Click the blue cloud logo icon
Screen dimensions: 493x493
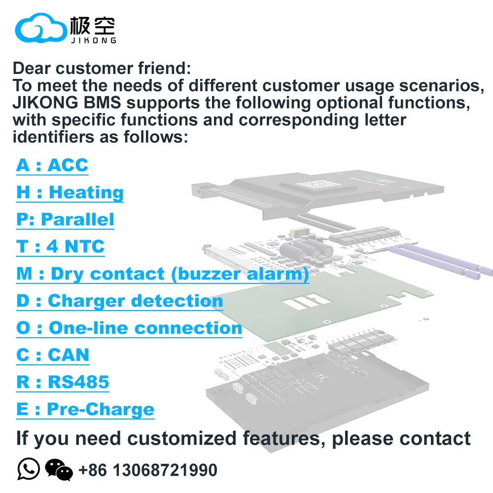pyautogui.click(x=41, y=28)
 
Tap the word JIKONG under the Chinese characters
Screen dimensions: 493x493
pyautogui.click(x=94, y=40)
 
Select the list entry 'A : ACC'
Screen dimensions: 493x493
pyautogui.click(x=52, y=165)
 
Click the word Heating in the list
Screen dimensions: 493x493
pyautogui.click(x=86, y=192)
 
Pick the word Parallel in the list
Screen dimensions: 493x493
pyautogui.click(x=77, y=219)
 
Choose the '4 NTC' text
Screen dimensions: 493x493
pyautogui.click(x=75, y=246)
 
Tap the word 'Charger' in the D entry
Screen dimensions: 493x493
pyautogui.click(x=87, y=301)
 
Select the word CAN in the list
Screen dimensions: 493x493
pyautogui.click(x=69, y=355)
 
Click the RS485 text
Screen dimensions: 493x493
pyautogui.click(x=78, y=382)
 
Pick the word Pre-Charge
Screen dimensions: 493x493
pyautogui.click(x=101, y=409)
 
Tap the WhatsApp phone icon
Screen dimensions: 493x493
pyautogui.click(x=29, y=469)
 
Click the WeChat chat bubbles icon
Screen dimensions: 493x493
pyautogui.click(x=59, y=470)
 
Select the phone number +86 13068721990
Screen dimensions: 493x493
pyautogui.click(x=148, y=470)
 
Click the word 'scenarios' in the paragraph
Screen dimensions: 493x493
pyautogui.click(x=441, y=85)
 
